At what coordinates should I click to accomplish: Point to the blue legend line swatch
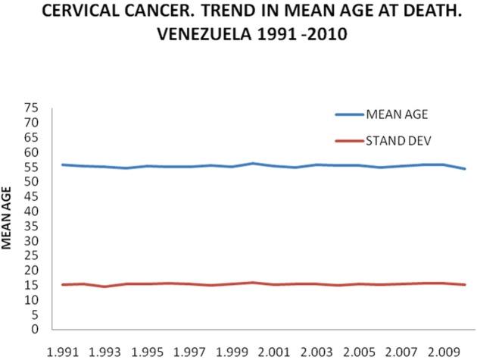pos(349,115)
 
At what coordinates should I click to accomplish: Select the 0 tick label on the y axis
pos(35,330)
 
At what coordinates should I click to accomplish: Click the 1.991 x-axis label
pos(64,351)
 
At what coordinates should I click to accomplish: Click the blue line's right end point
pos(464,168)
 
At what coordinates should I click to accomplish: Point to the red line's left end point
pos(63,284)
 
